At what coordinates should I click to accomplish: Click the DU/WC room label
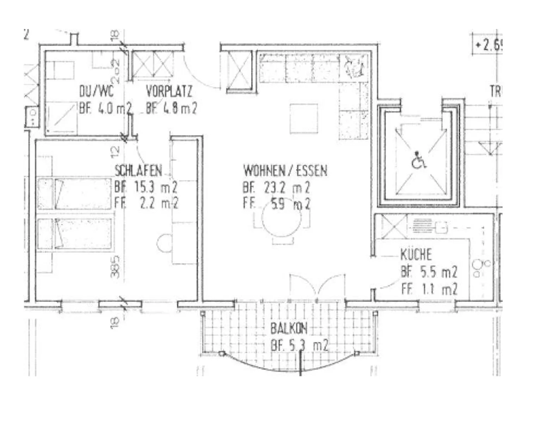point(96,92)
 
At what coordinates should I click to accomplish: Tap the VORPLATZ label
point(169,92)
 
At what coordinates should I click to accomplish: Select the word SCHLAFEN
point(138,170)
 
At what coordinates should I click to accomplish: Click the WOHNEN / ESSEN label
point(285,170)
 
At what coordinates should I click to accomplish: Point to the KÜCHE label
point(416,255)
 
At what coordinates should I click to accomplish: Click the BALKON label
point(289,328)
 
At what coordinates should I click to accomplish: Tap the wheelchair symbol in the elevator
point(418,160)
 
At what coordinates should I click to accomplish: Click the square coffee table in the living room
point(304,118)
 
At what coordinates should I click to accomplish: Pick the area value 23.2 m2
point(287,187)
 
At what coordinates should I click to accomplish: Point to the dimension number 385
point(115,267)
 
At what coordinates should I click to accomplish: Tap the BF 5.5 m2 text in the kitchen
point(429,272)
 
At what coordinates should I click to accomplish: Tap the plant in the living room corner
point(353,66)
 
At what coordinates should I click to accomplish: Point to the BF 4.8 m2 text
point(171,108)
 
